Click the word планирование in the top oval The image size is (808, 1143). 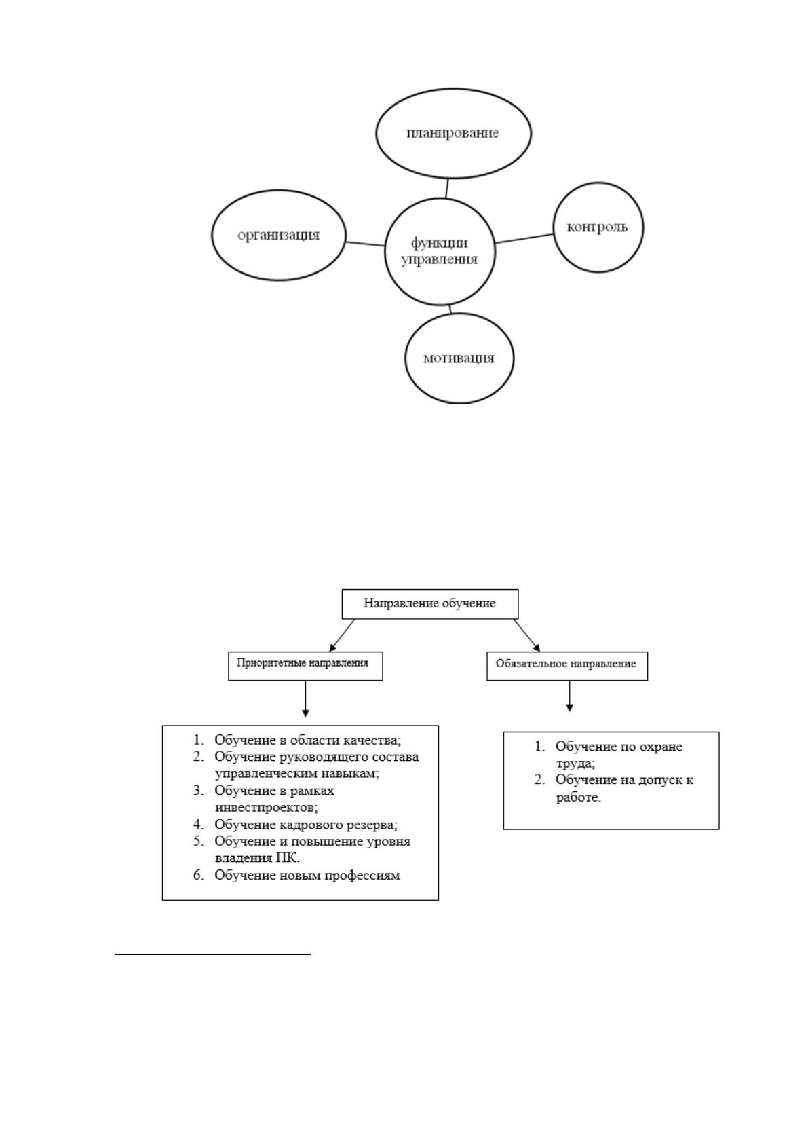point(453,133)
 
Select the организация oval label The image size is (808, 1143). point(279,235)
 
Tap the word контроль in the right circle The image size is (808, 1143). point(597,227)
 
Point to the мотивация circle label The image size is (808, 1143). point(459,358)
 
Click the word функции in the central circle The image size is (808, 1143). point(439,244)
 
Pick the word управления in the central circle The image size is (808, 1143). point(439,259)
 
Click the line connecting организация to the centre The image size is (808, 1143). point(365,244)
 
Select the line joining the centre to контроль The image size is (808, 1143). point(524,238)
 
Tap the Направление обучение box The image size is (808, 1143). point(430,604)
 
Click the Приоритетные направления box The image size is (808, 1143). point(305,666)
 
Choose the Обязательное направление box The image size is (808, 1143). point(567,666)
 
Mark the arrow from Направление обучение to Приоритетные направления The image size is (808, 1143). point(342,635)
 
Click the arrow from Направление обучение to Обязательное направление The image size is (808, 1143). point(527,635)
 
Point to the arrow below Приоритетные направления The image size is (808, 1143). point(305,698)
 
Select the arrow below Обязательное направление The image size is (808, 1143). point(569,696)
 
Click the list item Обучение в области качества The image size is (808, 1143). point(307,740)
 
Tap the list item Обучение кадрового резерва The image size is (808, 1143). point(306,825)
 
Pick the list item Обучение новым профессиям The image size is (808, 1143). point(307,875)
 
